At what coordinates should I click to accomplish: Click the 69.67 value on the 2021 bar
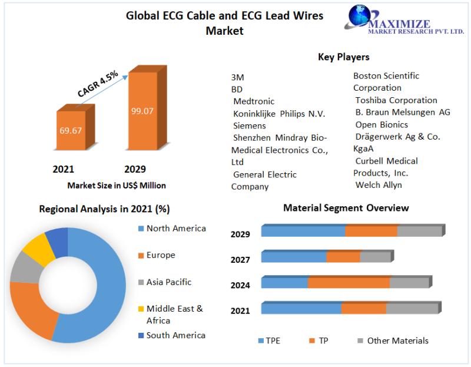[x=69, y=130]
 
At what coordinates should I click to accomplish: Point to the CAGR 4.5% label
[x=98, y=83]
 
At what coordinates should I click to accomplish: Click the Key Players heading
[x=344, y=57]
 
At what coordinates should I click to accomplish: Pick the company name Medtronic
[x=254, y=101]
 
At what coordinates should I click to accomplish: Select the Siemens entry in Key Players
[x=249, y=125]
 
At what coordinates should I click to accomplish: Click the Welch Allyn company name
[x=379, y=185]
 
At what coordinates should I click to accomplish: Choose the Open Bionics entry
[x=382, y=124]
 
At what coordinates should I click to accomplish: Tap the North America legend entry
[x=175, y=229]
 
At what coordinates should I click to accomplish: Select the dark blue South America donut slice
[x=57, y=239]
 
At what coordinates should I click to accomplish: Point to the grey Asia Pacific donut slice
[x=22, y=267]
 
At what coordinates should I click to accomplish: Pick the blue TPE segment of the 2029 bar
[x=303, y=232]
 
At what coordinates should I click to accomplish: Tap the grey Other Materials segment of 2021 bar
[x=412, y=309]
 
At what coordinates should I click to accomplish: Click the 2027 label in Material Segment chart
[x=240, y=260]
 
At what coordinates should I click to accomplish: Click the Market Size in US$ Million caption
[x=117, y=186]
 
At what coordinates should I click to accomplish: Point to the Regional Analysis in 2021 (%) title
[x=104, y=209]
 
